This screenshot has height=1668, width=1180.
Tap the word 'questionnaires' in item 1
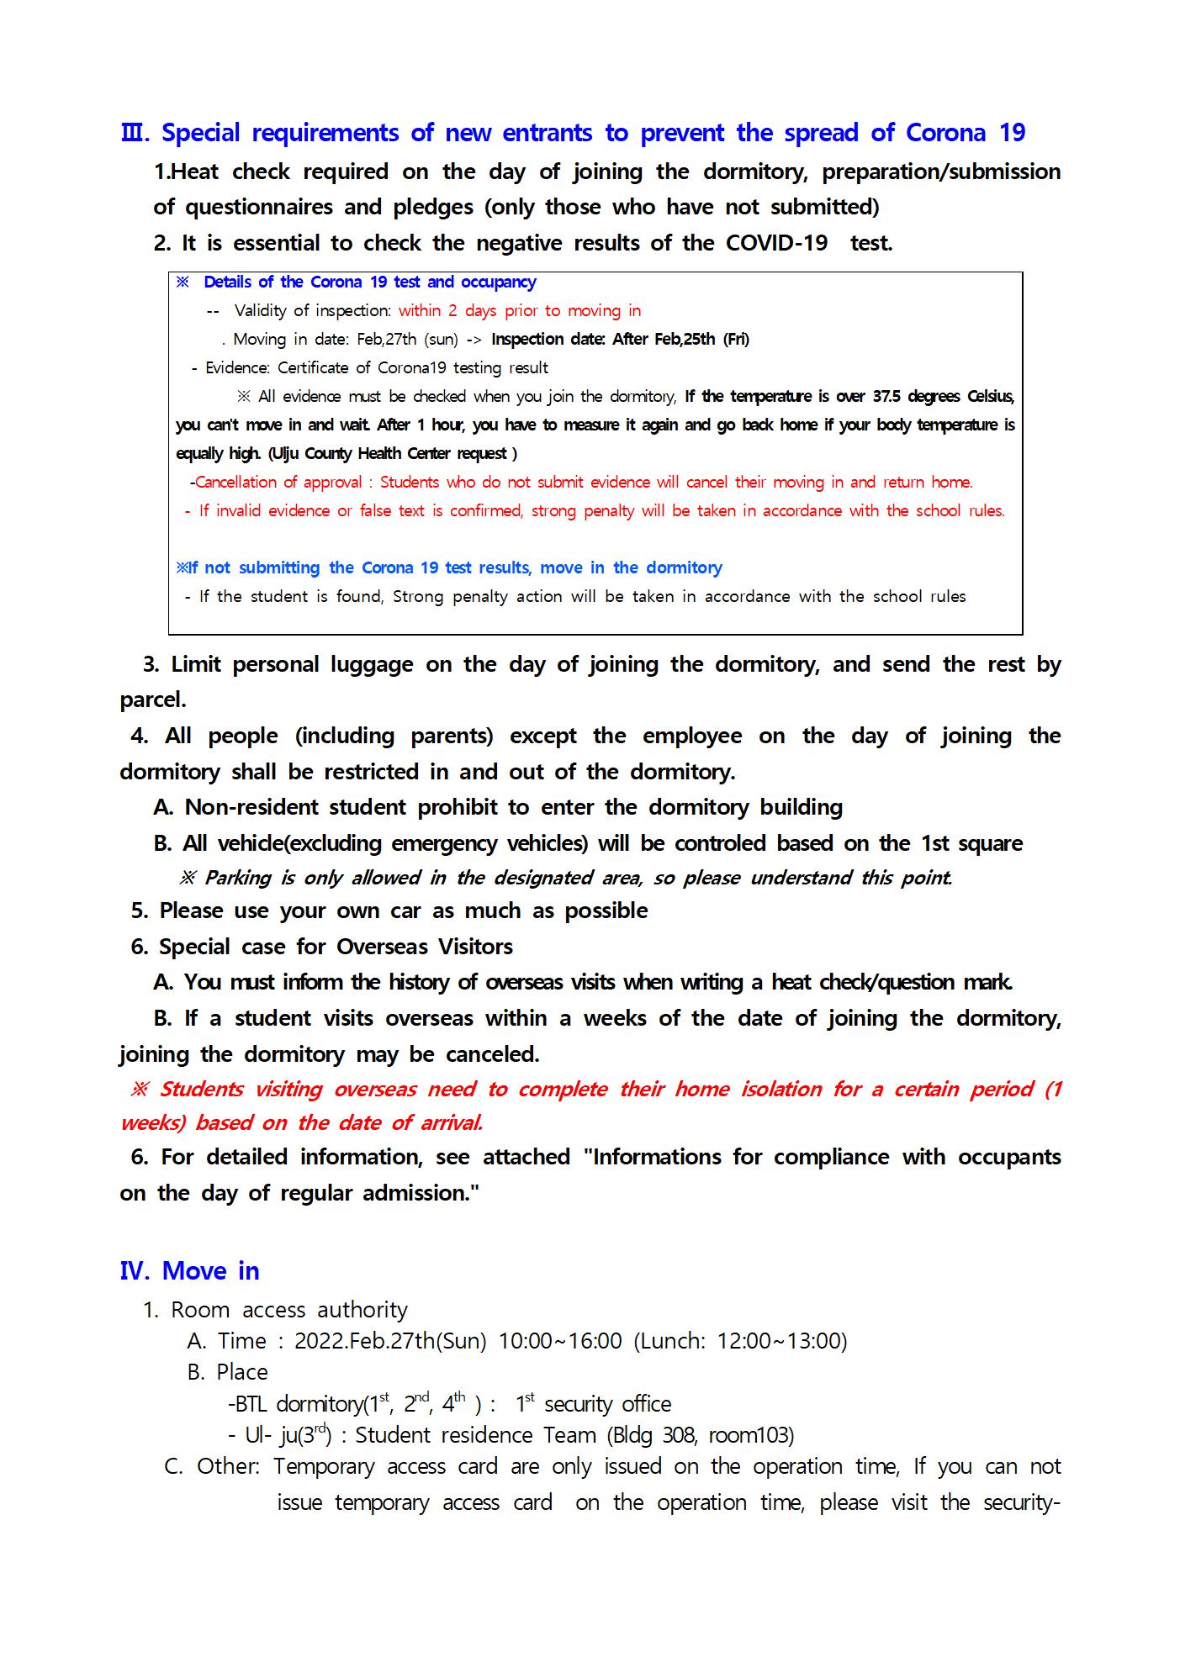coord(257,207)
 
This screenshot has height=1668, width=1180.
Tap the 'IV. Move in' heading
coord(189,1270)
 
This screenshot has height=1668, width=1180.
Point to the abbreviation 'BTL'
coord(252,1404)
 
